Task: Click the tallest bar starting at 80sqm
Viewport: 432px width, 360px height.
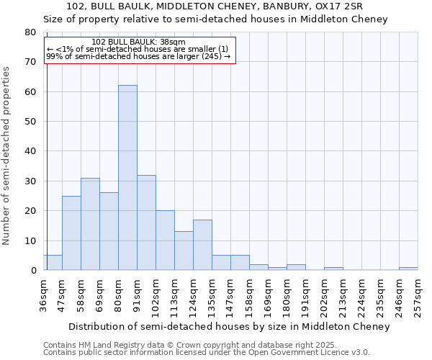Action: (x=127, y=178)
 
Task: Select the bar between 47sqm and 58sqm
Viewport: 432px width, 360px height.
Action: (x=71, y=233)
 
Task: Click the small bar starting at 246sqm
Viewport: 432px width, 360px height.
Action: (x=408, y=269)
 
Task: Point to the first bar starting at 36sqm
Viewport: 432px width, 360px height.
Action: (x=53, y=263)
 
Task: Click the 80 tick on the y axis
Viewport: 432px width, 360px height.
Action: (x=30, y=32)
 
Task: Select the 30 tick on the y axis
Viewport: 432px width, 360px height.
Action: (x=30, y=181)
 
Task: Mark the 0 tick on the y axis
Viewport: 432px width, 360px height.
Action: (x=33, y=271)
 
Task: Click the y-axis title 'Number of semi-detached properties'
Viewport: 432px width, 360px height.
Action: (x=7, y=156)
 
